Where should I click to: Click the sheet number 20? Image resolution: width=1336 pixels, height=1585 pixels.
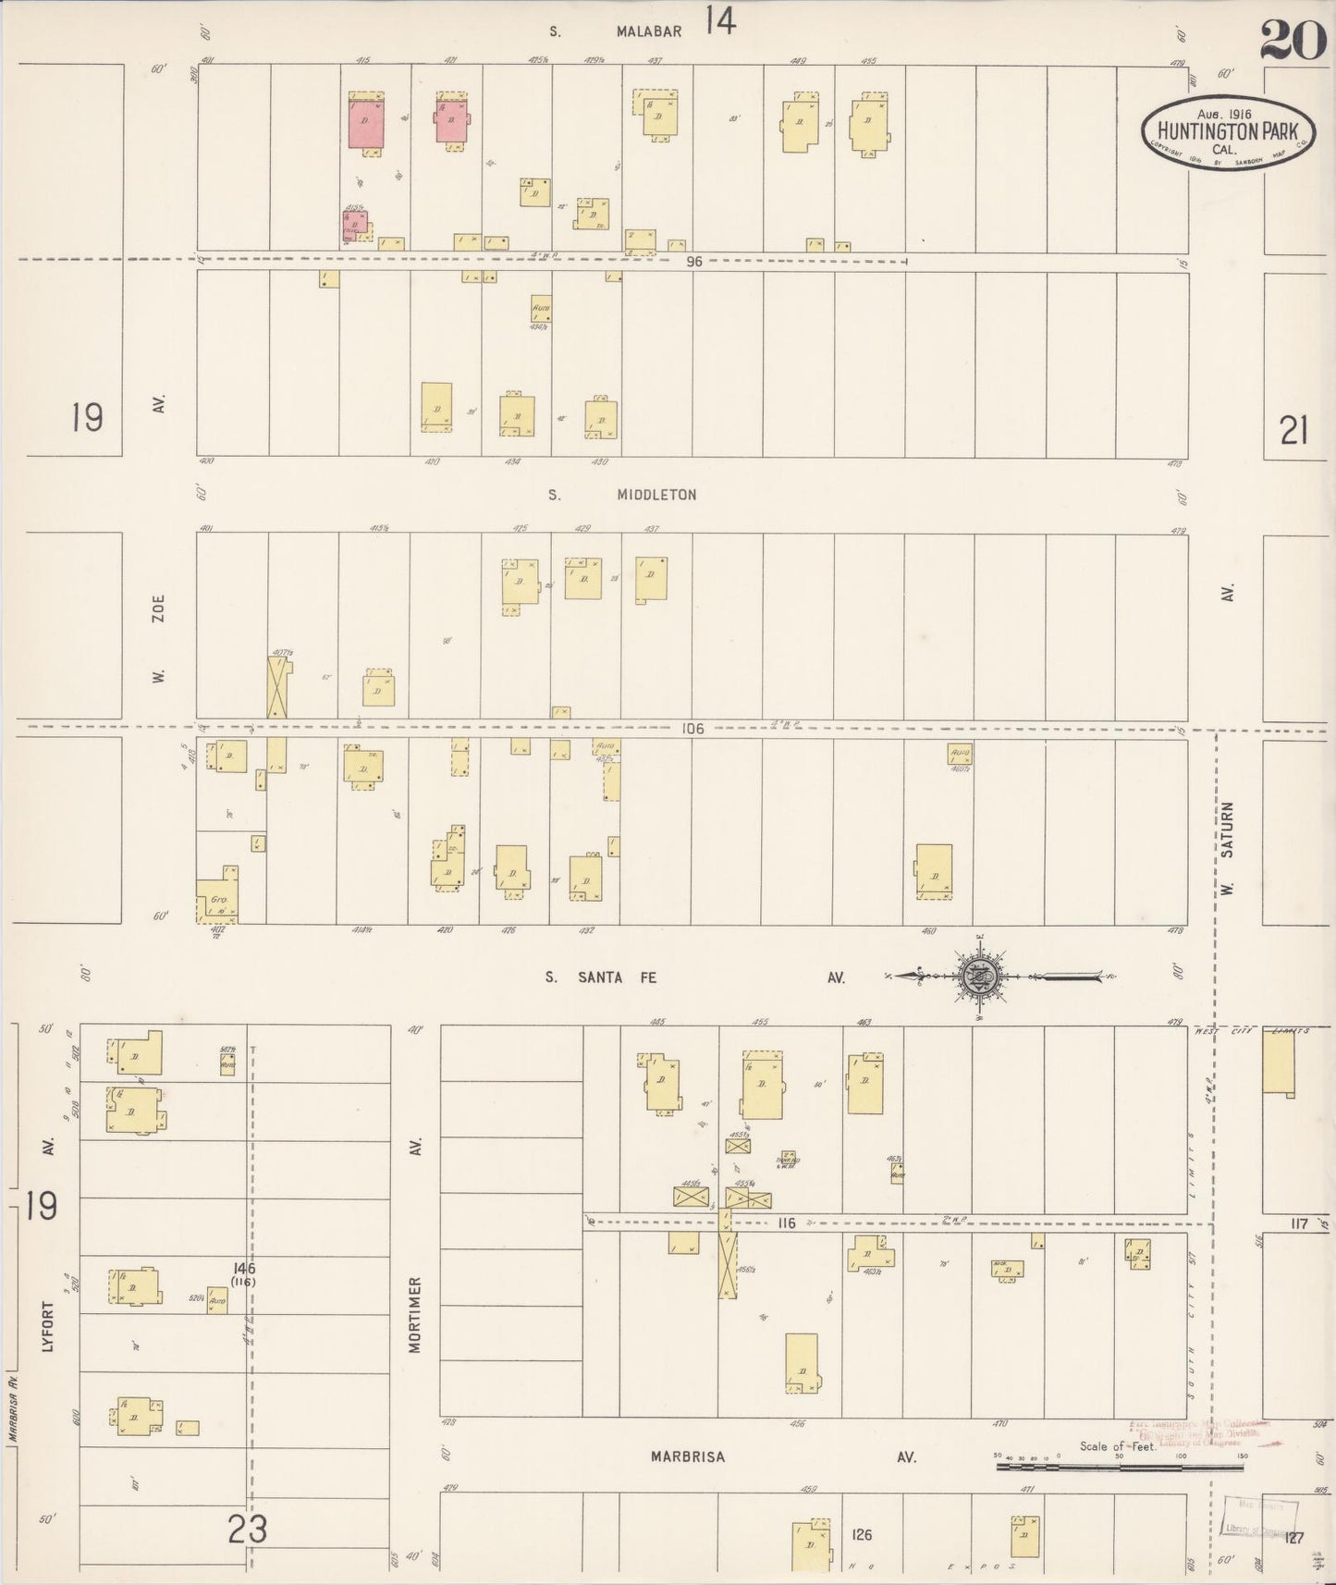pos(1293,40)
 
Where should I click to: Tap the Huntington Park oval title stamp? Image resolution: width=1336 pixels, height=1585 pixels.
pos(1227,132)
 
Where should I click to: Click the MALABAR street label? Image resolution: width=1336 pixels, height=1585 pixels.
pos(649,31)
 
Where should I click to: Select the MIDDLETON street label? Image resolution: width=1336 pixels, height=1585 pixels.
pos(656,495)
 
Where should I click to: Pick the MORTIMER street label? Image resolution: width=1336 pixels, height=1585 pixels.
pos(415,1315)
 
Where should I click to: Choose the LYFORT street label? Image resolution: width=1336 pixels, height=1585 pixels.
pos(48,1326)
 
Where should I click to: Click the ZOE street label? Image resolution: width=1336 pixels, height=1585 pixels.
pos(159,612)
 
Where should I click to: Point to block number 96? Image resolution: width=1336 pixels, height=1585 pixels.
pos(694,262)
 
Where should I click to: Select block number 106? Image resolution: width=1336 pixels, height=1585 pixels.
pos(693,729)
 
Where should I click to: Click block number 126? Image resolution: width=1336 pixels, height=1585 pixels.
pos(862,1535)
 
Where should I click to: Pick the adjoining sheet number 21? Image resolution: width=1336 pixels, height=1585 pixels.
pos(1293,431)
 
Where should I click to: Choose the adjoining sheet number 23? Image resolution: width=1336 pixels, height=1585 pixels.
pos(248,1530)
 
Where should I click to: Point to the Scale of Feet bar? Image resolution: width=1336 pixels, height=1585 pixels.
pos(1121,1467)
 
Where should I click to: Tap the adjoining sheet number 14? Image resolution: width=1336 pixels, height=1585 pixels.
pos(720,20)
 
